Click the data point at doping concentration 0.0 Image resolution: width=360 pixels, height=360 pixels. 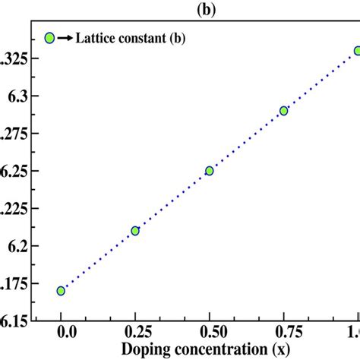pos(61,291)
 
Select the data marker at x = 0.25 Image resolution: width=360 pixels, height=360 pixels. pos(135,231)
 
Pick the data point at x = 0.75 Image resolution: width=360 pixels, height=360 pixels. pos(283,111)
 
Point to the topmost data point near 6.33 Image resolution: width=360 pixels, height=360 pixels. pos(356,51)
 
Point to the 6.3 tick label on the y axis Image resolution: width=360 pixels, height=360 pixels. pos(13,96)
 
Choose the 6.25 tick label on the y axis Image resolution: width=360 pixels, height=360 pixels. pos(11,172)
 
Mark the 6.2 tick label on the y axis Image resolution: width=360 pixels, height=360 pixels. pos(13,246)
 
